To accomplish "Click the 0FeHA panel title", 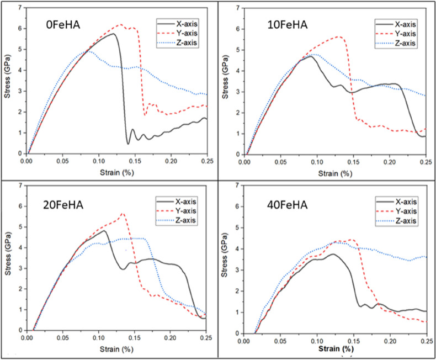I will coord(64,25).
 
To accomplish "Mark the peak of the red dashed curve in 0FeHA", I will coord(120,24).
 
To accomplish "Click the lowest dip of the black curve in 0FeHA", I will coord(128,144).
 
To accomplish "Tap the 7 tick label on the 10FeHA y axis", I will coord(237,8).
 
